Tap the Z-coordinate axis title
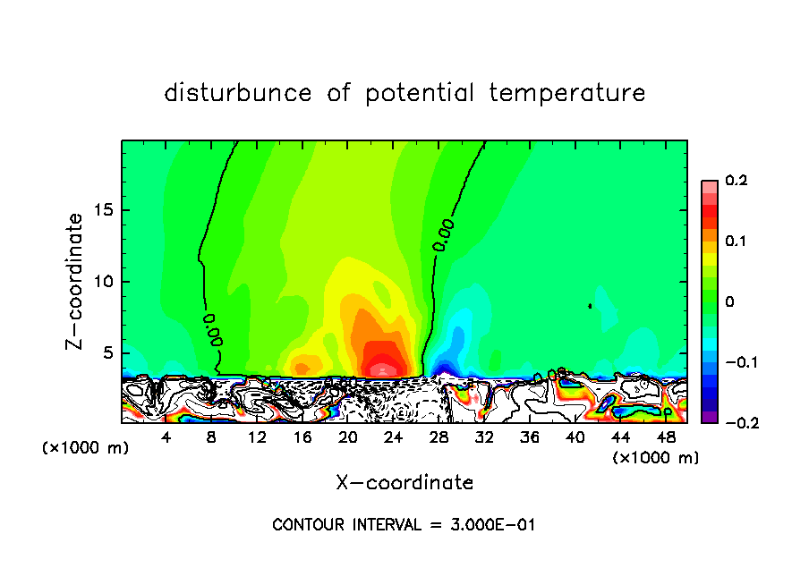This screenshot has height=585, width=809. click(x=77, y=281)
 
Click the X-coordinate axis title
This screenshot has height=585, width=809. click(x=404, y=483)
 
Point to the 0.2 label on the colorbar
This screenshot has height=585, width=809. click(x=736, y=181)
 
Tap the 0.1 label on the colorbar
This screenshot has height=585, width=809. click(x=736, y=242)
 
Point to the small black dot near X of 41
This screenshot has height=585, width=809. click(x=591, y=306)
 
